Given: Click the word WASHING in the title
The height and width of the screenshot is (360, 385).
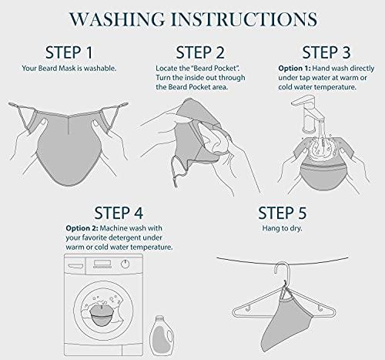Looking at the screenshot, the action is click(117, 19).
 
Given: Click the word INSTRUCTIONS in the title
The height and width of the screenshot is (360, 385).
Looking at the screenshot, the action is click(245, 19).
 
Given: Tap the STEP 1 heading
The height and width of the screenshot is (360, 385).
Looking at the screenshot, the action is click(69, 52).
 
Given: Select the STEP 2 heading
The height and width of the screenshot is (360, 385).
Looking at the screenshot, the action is click(200, 52).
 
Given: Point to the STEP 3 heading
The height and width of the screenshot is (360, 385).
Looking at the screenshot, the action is click(326, 52).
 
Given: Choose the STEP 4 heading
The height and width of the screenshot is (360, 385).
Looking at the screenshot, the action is click(119, 213).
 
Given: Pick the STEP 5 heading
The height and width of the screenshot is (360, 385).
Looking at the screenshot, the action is click(283, 213).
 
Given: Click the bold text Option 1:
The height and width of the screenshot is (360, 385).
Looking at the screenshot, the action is click(294, 69).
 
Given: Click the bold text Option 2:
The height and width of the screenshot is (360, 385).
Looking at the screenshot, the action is click(82, 228).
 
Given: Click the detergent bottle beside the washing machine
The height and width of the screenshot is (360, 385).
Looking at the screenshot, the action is click(161, 335).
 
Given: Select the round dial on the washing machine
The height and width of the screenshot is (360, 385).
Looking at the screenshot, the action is click(125, 264).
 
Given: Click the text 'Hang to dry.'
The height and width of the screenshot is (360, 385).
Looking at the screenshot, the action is click(282, 228).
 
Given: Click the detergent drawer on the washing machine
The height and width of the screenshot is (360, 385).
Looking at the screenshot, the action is click(75, 264).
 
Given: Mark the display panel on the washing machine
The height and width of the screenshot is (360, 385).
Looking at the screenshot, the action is click(102, 263).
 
